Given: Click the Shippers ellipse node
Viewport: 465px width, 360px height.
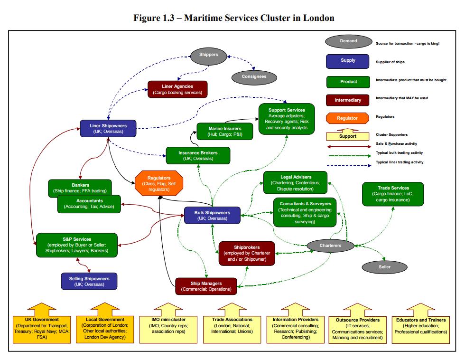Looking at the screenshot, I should click(x=208, y=55).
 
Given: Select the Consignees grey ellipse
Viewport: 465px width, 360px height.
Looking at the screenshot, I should click(x=254, y=76).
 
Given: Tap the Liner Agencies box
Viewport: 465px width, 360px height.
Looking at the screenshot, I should click(x=177, y=89).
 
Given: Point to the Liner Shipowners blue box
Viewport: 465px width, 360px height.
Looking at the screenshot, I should click(x=108, y=129).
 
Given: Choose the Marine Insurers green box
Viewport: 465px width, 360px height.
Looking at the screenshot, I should click(x=224, y=132).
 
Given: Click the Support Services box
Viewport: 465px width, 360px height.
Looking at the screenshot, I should click(x=286, y=119).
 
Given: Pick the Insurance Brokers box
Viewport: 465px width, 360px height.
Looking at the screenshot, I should click(x=198, y=155).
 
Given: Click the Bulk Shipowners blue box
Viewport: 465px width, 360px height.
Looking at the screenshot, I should click(x=212, y=216).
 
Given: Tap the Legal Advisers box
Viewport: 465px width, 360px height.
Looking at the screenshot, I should click(x=296, y=183).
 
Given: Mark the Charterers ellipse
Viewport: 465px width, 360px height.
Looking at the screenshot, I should click(x=330, y=246).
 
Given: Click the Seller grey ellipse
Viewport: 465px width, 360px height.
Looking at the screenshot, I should click(x=384, y=267).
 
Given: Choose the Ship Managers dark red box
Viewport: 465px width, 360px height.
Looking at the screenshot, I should click(x=206, y=286).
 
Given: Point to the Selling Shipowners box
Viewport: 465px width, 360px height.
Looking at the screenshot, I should click(x=89, y=282).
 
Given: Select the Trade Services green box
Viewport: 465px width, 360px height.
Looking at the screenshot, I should click(x=393, y=194).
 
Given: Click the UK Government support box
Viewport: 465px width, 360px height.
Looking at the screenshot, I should click(x=42, y=328).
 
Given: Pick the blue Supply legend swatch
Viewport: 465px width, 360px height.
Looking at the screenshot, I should click(x=348, y=61).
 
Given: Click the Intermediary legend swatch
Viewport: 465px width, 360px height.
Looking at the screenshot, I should click(x=348, y=100).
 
